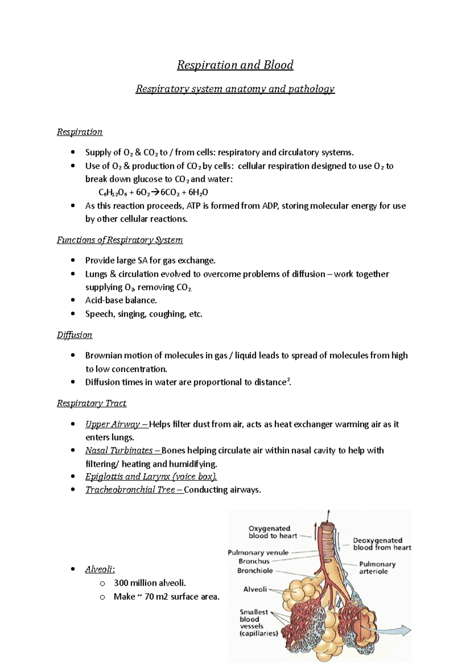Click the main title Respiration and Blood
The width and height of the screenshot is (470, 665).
235,65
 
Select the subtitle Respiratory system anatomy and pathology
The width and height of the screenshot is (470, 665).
235,89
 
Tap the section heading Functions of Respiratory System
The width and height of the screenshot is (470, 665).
119,240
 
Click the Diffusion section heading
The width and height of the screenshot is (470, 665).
74,335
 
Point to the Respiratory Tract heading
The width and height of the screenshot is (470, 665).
92,403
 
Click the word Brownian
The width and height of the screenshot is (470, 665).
104,355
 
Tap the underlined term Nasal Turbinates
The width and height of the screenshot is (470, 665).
119,450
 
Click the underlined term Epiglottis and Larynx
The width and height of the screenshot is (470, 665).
151,477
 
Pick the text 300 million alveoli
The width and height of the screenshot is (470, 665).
150,583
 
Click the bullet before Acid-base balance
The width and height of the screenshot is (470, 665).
72,300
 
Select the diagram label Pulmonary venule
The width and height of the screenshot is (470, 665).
258,553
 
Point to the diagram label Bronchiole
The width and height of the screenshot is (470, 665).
255,571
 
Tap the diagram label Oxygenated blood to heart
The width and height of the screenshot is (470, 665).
272,532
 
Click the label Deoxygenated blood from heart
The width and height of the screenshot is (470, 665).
381,544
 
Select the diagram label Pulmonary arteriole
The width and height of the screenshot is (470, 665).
377,567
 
